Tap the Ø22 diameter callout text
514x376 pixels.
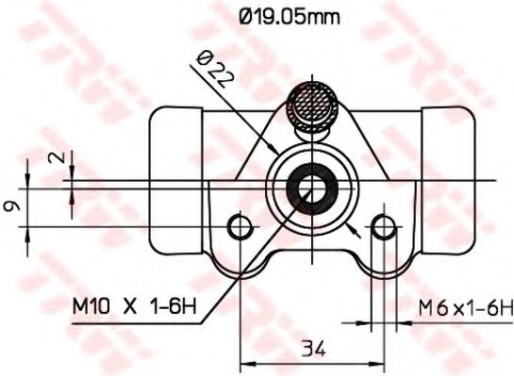pyautogui.click(x=212, y=72)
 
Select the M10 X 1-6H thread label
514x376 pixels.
pyautogui.click(x=134, y=305)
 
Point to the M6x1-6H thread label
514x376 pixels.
pyautogui.click(x=465, y=305)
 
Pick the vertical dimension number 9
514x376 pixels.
pyautogui.click(x=10, y=204)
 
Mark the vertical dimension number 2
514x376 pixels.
pyautogui.click(x=62, y=159)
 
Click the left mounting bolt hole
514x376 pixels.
pyautogui.click(x=241, y=226)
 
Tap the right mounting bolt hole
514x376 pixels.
pyautogui.click(x=383, y=226)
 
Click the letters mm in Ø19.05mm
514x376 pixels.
pyautogui.click(x=326, y=16)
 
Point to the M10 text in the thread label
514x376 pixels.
pyautogui.click(x=91, y=305)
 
